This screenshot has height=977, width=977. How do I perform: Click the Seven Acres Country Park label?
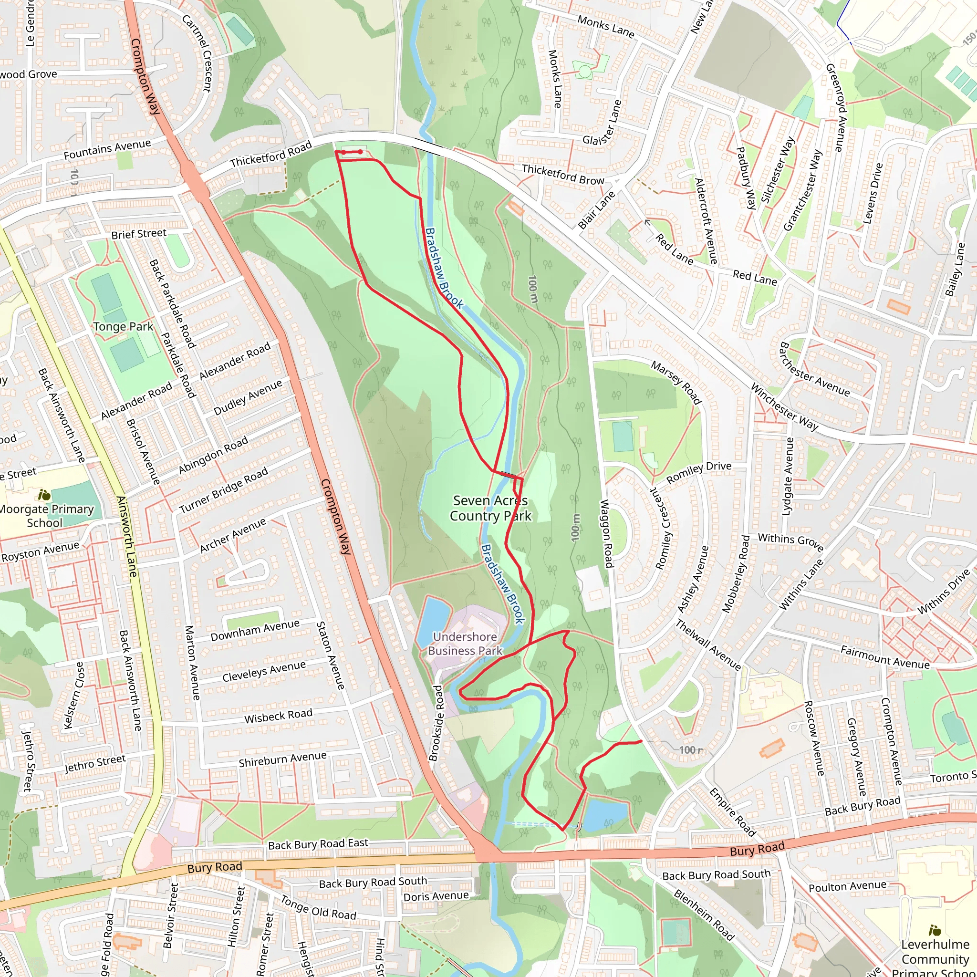[490, 508]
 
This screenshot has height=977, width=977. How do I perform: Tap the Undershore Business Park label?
[465, 644]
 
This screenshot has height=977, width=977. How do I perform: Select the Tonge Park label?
[123, 327]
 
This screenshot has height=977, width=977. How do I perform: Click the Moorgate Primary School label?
[46, 516]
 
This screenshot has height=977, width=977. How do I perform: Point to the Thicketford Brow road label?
[563, 175]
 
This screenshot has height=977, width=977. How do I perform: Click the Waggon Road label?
[606, 533]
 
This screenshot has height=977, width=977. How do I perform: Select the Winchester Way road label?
[783, 407]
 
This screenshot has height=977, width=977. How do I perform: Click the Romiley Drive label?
[698, 473]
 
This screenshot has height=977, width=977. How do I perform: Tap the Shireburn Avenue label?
[282, 759]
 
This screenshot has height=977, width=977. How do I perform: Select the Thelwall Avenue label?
[708, 645]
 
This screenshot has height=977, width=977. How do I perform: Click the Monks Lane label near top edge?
[605, 26]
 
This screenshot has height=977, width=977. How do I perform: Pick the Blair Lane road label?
[597, 210]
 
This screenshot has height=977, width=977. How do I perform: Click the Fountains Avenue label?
[107, 149]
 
